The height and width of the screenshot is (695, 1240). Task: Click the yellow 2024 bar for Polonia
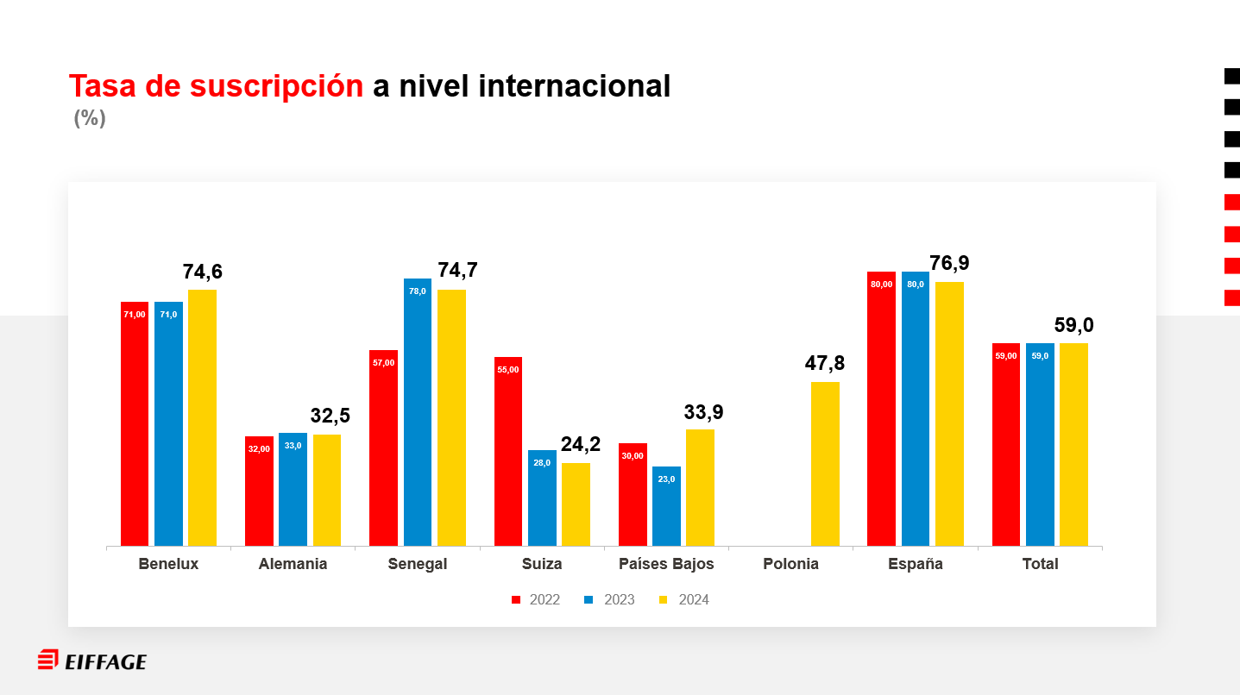825,464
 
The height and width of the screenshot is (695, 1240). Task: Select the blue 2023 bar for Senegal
418,412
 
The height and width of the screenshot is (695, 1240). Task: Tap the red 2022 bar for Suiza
508,451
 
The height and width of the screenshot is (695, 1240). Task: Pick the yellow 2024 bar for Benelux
202,417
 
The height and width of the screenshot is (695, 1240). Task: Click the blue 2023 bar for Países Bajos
666,506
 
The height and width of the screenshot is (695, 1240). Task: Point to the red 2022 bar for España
881,409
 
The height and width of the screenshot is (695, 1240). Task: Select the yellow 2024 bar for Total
1073,444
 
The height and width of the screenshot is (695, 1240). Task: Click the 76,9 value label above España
949,264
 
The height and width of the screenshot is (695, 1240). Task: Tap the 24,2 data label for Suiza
581,445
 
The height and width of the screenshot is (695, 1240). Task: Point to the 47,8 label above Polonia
825,364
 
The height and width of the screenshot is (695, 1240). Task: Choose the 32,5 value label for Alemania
330,416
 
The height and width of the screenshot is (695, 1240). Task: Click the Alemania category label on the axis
293,564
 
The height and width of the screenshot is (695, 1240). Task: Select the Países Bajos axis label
666,564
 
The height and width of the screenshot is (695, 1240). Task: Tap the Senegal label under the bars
418,564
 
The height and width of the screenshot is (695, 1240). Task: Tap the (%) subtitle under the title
90,118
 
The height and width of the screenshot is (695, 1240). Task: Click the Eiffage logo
92,661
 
